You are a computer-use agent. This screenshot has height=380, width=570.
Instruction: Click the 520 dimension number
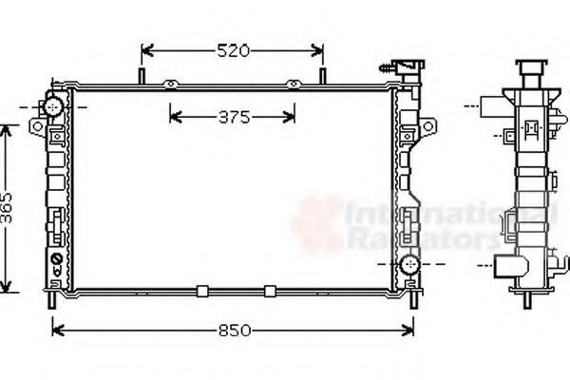tap(234, 50)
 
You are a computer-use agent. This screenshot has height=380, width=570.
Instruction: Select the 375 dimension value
tap(235, 118)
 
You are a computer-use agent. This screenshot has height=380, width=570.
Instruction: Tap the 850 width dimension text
tap(235, 331)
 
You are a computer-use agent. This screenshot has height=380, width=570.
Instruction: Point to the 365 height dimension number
tap(7, 208)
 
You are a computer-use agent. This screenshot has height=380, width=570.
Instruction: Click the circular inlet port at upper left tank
tap(53, 107)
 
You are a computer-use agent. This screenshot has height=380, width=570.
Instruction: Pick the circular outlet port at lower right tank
tap(409, 264)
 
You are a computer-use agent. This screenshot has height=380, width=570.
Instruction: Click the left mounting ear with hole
tap(37, 127)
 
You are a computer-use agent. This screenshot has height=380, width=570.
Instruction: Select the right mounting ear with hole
tap(427, 126)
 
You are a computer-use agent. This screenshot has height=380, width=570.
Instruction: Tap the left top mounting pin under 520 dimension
tap(142, 76)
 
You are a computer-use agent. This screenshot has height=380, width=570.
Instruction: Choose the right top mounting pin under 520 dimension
tap(322, 76)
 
